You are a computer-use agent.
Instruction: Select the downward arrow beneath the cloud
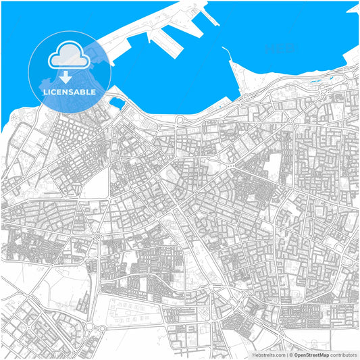point(66,75)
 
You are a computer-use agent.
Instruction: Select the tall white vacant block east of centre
point(275,165)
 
